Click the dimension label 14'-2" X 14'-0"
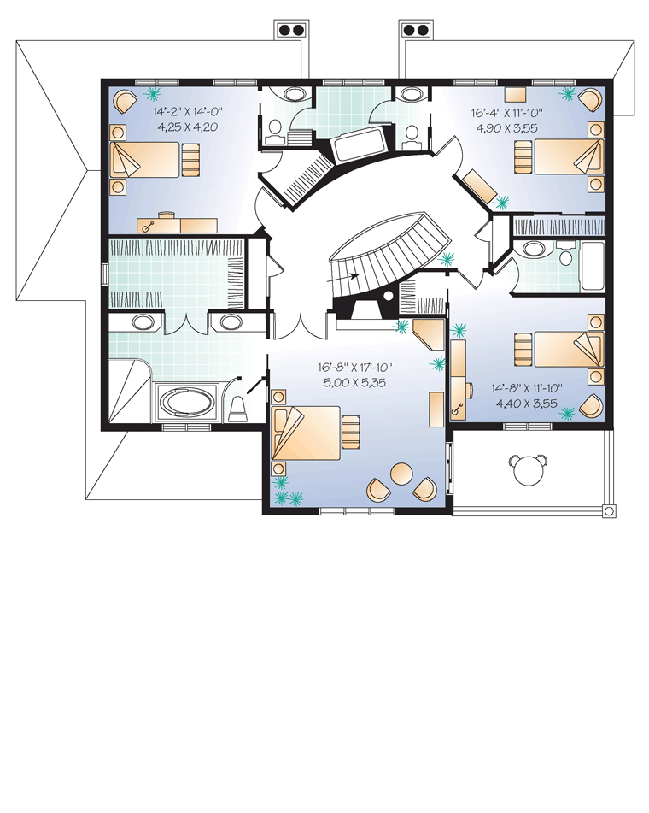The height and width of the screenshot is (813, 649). (x=187, y=111)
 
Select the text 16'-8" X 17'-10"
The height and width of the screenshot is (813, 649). (x=355, y=368)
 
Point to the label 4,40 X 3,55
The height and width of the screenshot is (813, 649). (x=527, y=403)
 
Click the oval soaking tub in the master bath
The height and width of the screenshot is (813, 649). (x=186, y=404)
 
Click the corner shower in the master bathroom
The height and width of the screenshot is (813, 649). (x=128, y=392)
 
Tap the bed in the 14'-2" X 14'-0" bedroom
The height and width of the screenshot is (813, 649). (x=147, y=160)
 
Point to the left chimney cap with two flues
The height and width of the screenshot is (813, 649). (x=289, y=30)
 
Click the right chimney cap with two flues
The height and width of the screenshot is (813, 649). (x=416, y=30)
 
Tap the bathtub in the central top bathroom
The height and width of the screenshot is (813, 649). (x=359, y=145)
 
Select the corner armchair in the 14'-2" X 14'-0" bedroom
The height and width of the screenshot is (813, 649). (x=126, y=101)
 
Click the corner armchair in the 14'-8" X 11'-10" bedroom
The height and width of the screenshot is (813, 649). (x=592, y=405)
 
